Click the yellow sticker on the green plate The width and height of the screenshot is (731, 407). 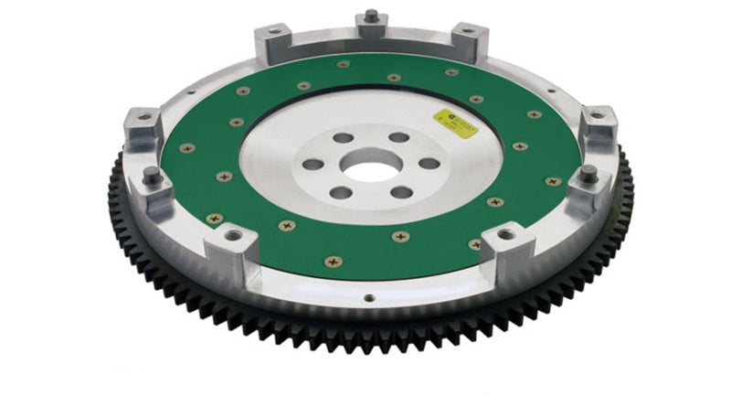454,123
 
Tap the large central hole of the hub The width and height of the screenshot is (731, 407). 370,166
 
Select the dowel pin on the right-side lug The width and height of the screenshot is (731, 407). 588,172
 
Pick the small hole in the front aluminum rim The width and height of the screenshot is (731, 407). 368,296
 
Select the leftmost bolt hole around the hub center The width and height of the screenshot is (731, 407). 313,166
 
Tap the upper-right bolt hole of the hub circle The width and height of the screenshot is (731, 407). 399,138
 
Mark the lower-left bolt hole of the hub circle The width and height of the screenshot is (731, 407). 340,193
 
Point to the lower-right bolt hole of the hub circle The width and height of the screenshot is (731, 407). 400,192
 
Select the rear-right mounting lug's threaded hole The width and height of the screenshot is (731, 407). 468,32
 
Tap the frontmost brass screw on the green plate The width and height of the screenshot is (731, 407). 333,262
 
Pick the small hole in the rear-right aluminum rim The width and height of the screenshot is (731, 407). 549,91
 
